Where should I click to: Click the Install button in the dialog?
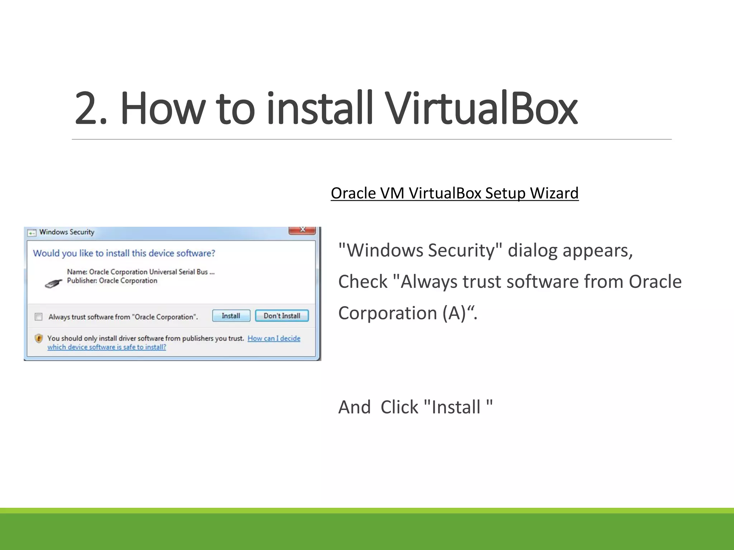point(231,316)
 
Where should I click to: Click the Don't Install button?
point(282,316)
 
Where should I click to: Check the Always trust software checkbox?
point(39,317)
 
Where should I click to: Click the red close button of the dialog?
point(302,230)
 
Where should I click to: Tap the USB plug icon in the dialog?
point(53,284)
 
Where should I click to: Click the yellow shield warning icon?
point(39,338)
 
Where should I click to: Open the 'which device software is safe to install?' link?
point(107,347)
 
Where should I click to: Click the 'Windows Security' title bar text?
point(67,232)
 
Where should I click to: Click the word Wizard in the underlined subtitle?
point(554,193)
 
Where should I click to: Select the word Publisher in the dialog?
point(82,281)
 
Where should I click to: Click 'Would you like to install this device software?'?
point(124,253)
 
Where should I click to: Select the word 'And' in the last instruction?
point(354,407)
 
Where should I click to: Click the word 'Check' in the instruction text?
point(363,282)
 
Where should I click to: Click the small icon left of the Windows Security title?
point(32,233)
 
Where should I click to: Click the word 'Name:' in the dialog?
point(77,272)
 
